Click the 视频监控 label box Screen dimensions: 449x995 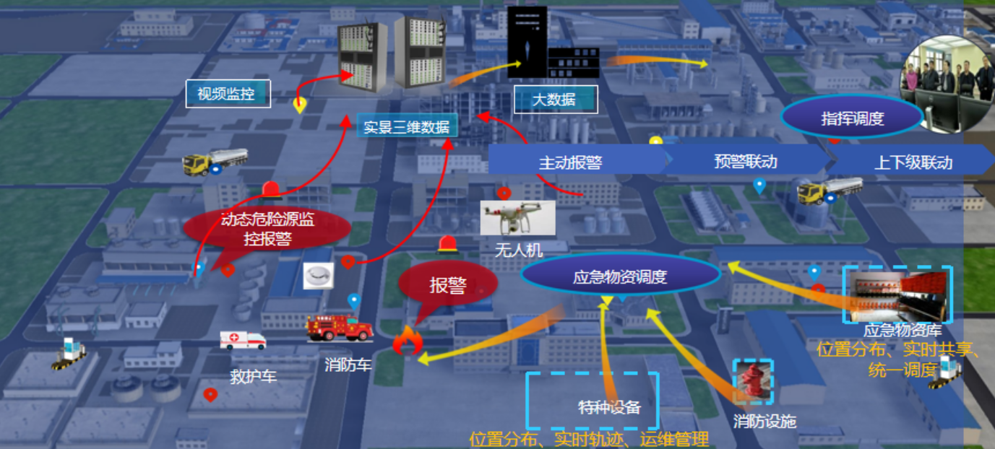click(x=228, y=94)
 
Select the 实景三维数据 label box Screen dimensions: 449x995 click(x=408, y=127)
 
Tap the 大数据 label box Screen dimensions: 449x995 click(x=555, y=100)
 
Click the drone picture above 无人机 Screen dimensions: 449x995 click(x=517, y=218)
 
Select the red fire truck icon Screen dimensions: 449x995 click(x=340, y=328)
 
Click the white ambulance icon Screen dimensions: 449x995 click(x=243, y=341)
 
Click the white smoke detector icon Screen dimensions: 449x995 click(x=317, y=276)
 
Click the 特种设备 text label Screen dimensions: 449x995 click(x=609, y=407)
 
